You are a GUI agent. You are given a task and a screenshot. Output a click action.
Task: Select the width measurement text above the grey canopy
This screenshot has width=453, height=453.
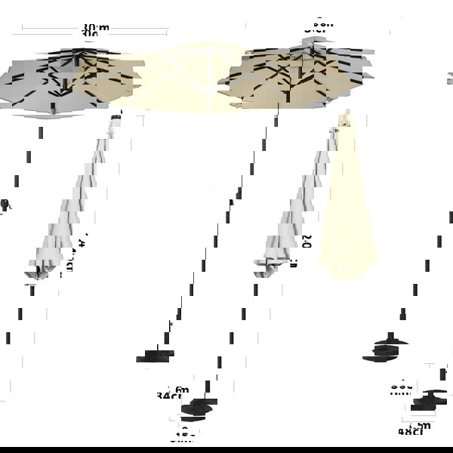(x=95, y=31)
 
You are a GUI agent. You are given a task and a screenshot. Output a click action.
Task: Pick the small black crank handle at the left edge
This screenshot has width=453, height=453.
(x=5, y=204)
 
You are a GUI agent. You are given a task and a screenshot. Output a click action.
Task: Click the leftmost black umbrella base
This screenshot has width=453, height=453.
(x=155, y=355)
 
